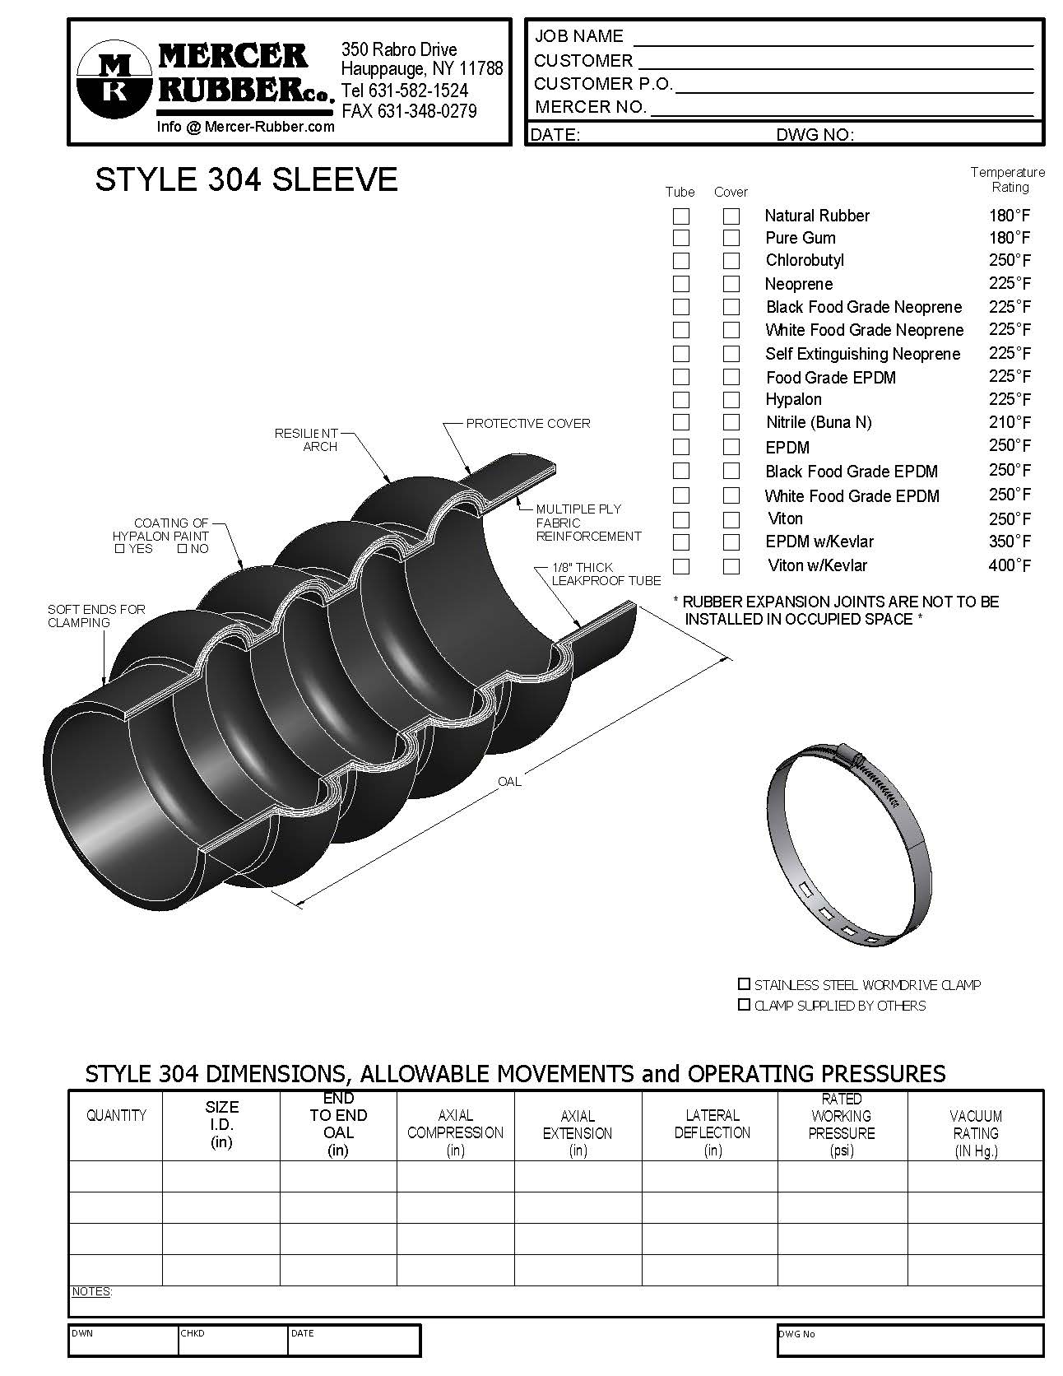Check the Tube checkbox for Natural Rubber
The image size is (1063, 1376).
681,216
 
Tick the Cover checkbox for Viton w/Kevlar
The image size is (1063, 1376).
731,566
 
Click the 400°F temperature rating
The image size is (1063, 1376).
1010,565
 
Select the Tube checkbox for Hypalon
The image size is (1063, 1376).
681,400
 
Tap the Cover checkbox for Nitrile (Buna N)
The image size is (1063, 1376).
731,422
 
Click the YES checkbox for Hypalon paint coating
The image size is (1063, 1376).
120,549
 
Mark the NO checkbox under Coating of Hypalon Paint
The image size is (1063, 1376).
182,549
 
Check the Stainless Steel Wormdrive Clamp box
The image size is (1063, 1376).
744,984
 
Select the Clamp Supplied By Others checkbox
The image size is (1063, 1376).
744,1005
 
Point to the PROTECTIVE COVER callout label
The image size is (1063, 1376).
527,424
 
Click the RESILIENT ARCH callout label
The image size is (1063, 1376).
307,439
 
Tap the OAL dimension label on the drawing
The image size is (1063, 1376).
509,782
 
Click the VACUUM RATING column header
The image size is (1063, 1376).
976,1133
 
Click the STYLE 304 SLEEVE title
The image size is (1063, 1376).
246,180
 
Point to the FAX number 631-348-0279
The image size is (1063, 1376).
409,111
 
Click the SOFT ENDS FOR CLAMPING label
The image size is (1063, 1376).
96,616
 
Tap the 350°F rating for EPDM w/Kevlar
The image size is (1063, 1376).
1010,542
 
